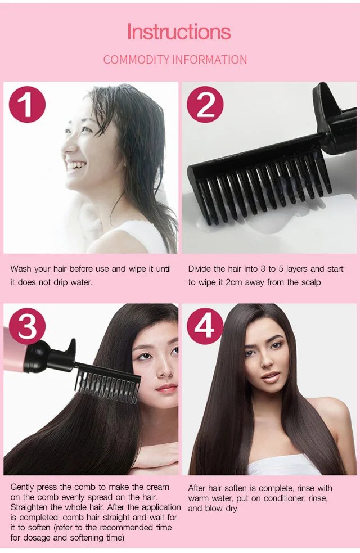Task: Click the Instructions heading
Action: pos(179,32)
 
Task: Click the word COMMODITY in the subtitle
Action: pos(136,60)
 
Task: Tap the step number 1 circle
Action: pos(28,105)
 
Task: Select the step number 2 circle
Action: pos(205,105)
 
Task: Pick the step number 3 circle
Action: pos(27,326)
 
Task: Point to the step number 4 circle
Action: pos(205,326)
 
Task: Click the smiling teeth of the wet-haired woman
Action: pos(76,165)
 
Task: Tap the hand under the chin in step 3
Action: pos(155,456)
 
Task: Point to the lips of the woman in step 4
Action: pos(271,377)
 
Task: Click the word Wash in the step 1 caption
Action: pos(21,269)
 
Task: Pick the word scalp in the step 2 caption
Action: pos(311,283)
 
